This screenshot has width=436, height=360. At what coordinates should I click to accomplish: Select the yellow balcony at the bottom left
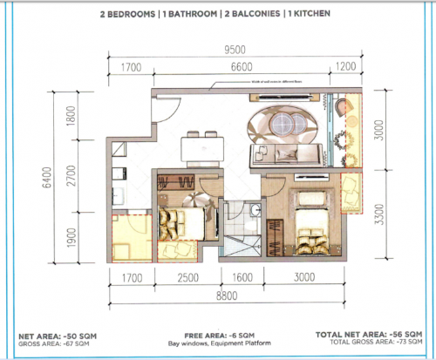(131, 236)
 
